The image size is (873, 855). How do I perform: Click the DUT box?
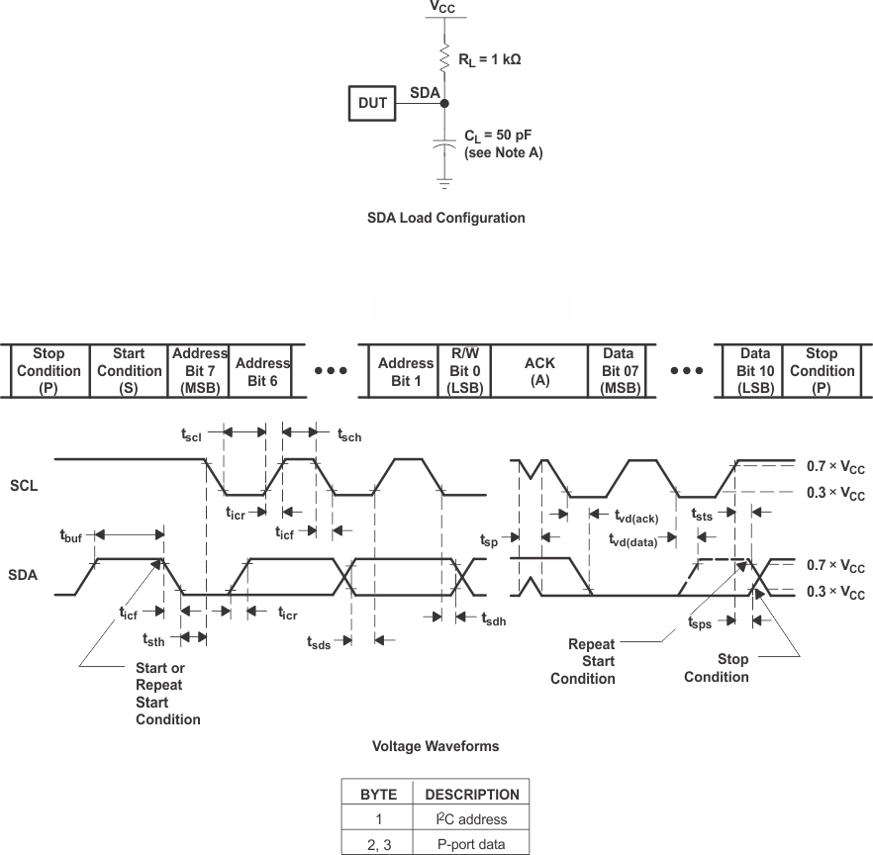click(x=372, y=103)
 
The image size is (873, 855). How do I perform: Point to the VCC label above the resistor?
click(x=443, y=7)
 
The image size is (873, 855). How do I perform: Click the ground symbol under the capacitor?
click(x=444, y=184)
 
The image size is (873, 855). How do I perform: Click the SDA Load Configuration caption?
click(x=445, y=218)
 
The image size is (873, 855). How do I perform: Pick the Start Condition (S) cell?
click(x=129, y=370)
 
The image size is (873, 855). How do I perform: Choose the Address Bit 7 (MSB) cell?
click(x=199, y=370)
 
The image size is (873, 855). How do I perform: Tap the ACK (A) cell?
click(x=539, y=370)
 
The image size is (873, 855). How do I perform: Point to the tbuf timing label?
click(x=70, y=535)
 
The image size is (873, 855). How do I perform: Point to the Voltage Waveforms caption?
click(x=436, y=746)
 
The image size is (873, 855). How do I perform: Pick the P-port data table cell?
click(x=471, y=844)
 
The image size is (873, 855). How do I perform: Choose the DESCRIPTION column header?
click(x=471, y=794)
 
